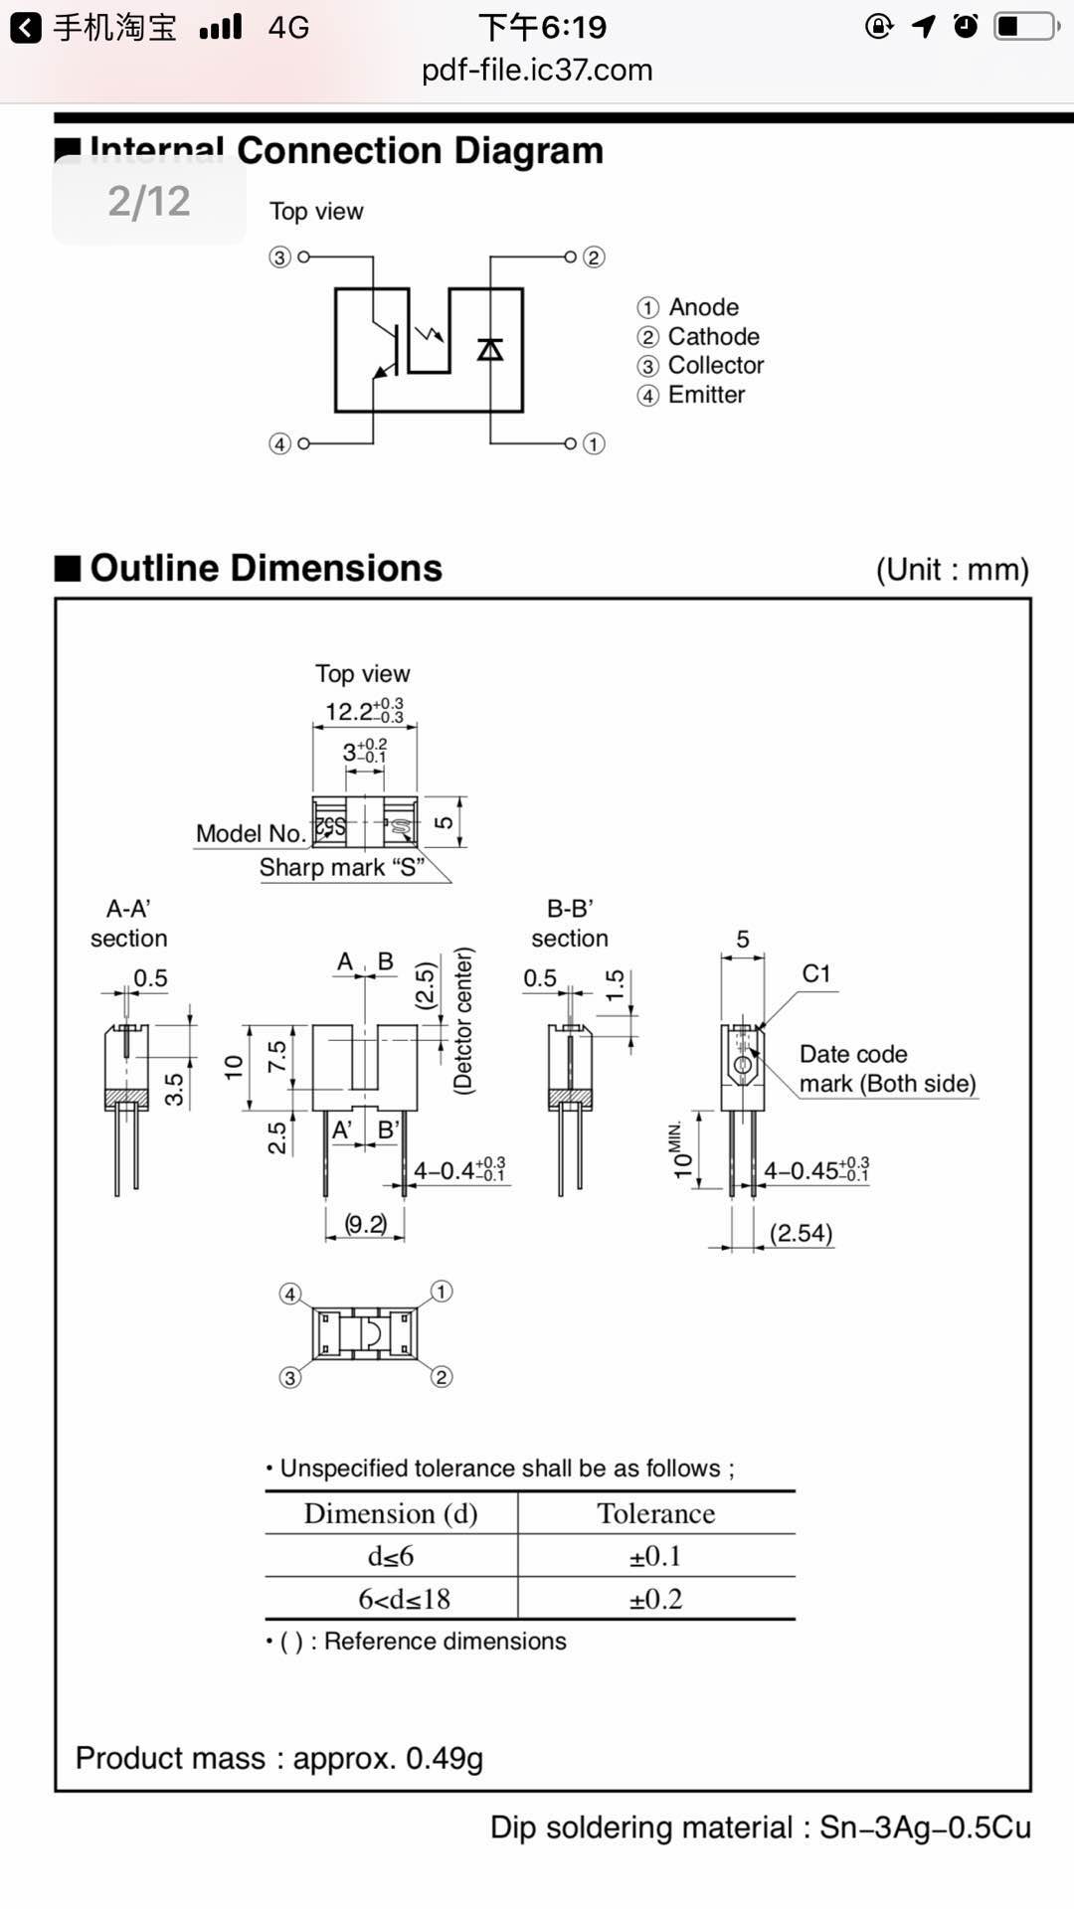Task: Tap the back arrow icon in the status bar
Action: pos(26,28)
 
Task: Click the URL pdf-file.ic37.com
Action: pos(537,71)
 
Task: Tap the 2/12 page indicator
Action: pos(149,201)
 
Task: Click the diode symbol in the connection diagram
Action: pos(490,349)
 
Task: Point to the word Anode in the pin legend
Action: pos(703,307)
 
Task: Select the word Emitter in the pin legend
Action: pos(706,395)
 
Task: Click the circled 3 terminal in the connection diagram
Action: pos(279,258)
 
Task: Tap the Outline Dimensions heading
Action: pos(266,568)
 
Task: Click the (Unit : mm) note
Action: pos(952,570)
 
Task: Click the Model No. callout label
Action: pos(250,833)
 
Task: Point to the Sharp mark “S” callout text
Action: pos(341,867)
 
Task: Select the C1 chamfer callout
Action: pos(815,973)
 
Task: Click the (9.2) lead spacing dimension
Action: pos(365,1224)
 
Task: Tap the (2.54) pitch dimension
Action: pos(801,1233)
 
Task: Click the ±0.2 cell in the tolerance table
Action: pos(655,1599)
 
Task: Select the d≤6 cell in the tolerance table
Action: pos(391,1556)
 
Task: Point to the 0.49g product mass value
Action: pos(445,1758)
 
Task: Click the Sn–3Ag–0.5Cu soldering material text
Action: pos(925,1827)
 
